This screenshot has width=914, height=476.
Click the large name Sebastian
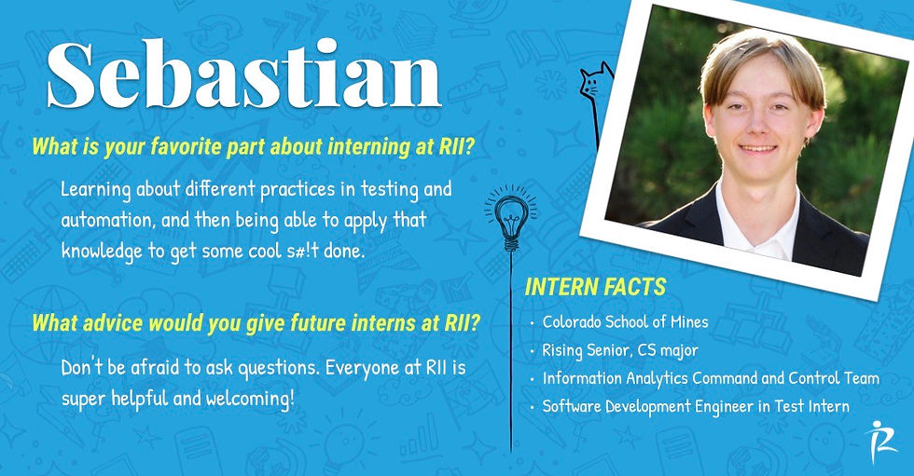coord(243,75)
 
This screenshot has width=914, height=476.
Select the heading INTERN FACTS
coord(595,288)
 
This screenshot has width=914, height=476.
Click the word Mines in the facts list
coord(688,321)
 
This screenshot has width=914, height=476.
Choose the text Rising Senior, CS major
coord(619,351)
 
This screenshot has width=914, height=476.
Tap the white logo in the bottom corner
coord(880,442)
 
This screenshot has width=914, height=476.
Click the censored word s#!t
coord(295,252)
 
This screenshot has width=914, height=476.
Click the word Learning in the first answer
coord(95,190)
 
